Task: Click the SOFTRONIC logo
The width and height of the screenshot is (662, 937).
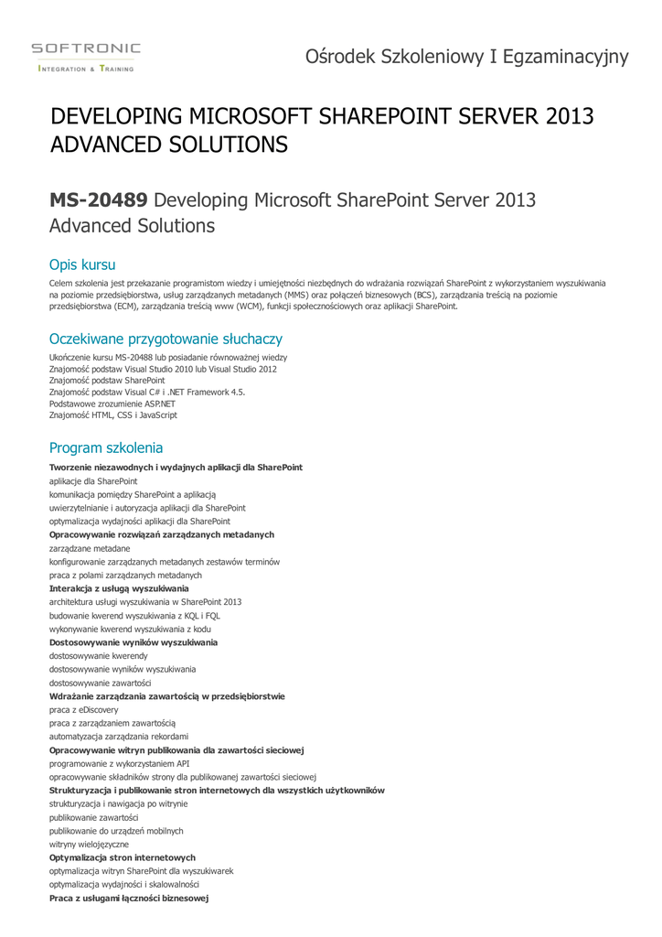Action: pos(86,56)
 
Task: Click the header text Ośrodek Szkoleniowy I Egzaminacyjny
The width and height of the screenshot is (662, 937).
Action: pos(467,57)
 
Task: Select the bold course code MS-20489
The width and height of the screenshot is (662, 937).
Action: pos(98,200)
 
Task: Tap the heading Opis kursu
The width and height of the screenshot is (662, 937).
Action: pos(82,264)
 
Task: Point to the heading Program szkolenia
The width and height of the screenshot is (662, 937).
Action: pos(106,447)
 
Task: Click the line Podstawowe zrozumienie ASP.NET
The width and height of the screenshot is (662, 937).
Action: pos(112,404)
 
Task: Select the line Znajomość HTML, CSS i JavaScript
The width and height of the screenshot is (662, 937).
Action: pos(113,415)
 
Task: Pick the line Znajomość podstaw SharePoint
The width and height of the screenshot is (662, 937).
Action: pos(107,380)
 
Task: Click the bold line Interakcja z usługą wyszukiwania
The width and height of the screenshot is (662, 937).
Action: pos(119,588)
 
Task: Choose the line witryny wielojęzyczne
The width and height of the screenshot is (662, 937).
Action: pos(89,844)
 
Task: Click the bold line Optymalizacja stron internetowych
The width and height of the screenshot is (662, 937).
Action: pos(122,857)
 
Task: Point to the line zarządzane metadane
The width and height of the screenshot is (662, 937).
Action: pos(90,548)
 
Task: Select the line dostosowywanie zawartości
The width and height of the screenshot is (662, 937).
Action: pos(101,683)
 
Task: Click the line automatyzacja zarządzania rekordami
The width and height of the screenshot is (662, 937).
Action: pos(119,737)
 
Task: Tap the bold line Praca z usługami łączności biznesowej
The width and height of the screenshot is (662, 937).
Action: pos(129,899)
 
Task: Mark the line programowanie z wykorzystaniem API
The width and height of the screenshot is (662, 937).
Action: pos(119,763)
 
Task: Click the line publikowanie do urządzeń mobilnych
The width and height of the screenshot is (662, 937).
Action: pos(116,831)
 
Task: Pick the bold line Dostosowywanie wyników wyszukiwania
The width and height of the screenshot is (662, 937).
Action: pos(133,642)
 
